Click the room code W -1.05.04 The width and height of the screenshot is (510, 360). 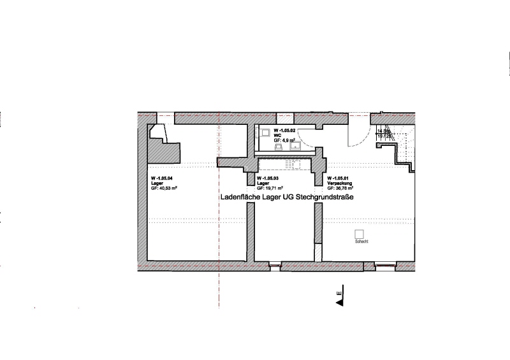coord(161,178)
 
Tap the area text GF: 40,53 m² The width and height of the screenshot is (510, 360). coord(164,189)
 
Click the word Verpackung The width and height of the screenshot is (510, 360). coord(339,184)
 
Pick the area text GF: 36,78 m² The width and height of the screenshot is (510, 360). coord(341,189)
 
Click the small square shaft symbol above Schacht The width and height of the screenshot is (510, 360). coord(359,234)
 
